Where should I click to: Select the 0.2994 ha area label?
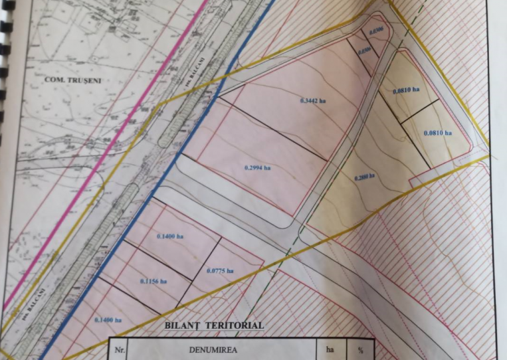point(257,168)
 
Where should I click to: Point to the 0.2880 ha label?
point(364,177)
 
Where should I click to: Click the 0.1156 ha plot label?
point(153,281)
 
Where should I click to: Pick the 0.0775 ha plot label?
point(220,270)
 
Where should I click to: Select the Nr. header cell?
point(118,347)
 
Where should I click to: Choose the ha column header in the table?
point(330,347)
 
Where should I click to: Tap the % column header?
point(361,347)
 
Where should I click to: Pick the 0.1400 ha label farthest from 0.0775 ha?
point(108,320)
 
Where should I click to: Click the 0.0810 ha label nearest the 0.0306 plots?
point(404,90)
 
